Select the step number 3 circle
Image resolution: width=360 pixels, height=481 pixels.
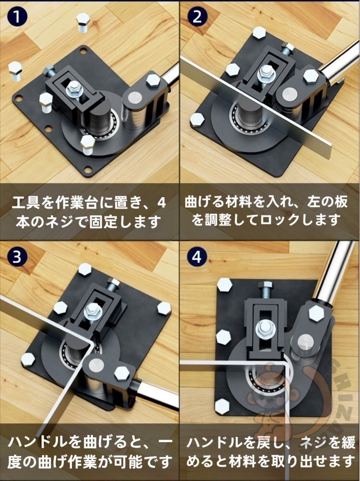click(17, 257)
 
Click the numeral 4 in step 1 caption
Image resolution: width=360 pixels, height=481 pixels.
click(161, 203)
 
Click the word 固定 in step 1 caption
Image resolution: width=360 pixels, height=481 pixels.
click(103, 222)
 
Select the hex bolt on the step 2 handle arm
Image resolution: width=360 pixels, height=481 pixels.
click(311, 76)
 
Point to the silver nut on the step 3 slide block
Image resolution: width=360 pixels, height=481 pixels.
click(92, 311)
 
